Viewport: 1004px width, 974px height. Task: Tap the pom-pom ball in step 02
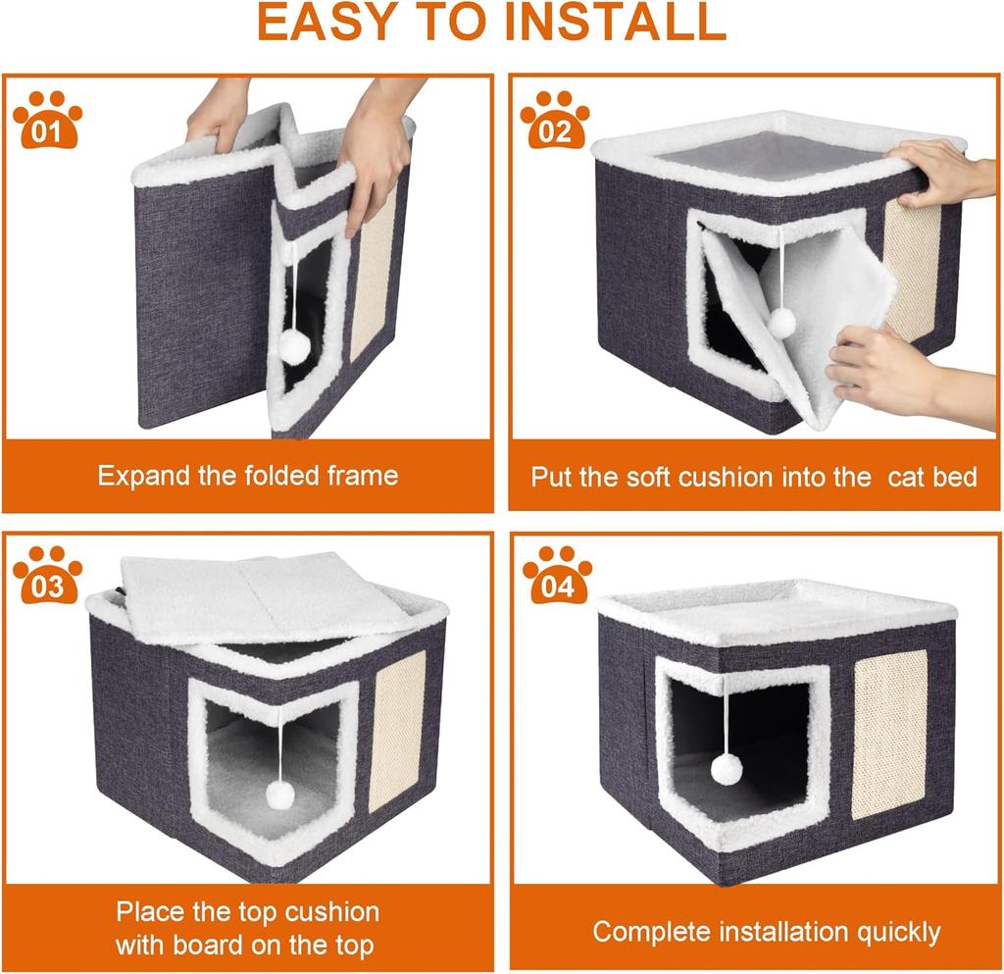coord(781,322)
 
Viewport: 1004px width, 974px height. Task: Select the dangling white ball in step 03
coord(279,794)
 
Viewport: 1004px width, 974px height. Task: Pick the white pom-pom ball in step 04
coord(727,769)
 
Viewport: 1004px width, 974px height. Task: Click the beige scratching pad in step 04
coord(889,734)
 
